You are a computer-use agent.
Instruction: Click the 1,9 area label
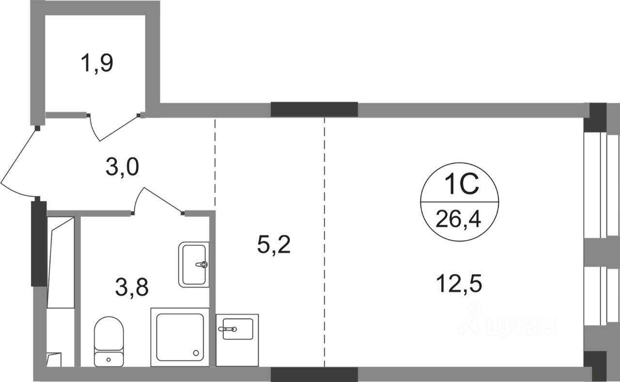click(x=97, y=63)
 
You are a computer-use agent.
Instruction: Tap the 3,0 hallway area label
click(x=123, y=168)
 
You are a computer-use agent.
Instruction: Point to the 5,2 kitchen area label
click(x=274, y=246)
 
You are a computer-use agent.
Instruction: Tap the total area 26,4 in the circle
click(x=460, y=220)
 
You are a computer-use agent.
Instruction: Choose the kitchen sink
click(x=237, y=329)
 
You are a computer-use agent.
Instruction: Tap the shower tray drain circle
click(x=196, y=353)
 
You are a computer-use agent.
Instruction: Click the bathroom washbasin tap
click(x=202, y=264)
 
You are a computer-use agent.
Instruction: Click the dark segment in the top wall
click(x=314, y=109)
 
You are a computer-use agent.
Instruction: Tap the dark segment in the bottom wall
click(x=314, y=374)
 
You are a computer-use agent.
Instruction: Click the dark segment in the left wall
click(x=38, y=244)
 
